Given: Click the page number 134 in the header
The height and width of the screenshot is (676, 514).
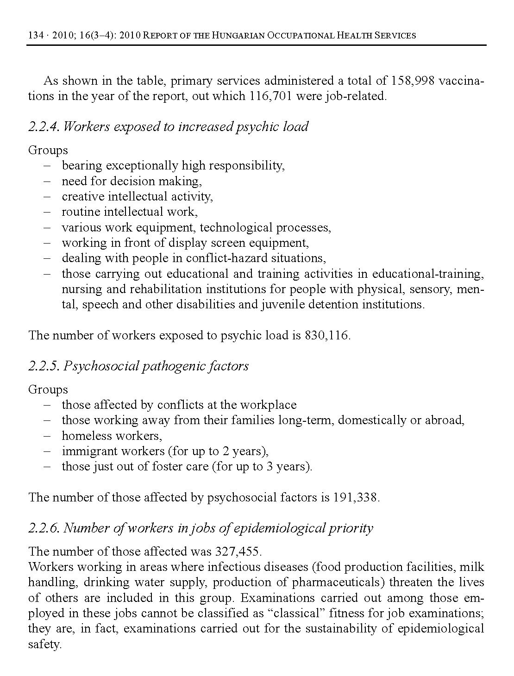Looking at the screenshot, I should click(36, 35).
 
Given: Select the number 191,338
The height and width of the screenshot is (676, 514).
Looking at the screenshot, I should click(355, 498).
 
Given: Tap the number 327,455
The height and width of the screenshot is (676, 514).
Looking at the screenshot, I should click(238, 551).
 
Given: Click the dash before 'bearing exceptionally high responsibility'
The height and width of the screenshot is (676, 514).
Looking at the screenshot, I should click(47, 166).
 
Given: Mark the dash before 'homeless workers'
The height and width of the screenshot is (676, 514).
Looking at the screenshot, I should click(47, 436).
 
